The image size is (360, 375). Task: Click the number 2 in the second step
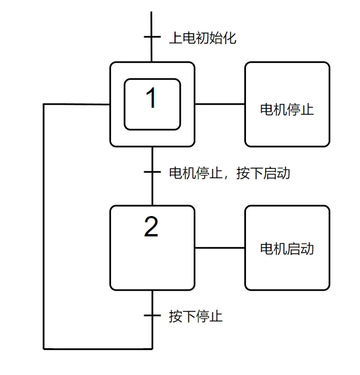point(151,227)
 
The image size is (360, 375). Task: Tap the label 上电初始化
point(202,39)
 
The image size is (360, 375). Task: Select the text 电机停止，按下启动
point(229,173)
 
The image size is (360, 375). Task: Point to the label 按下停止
point(196,317)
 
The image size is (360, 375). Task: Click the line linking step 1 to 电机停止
point(220,104)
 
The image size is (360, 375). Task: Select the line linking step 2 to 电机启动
point(220,248)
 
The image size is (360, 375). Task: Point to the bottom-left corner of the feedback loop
point(44,349)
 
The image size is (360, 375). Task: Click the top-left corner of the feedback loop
point(44,104)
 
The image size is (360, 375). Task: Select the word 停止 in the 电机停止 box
point(301,109)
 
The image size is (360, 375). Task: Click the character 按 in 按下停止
point(176,317)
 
